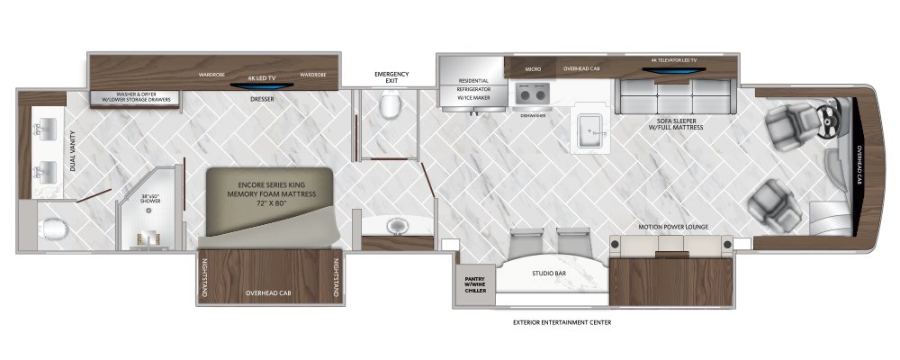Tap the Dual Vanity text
(x=73, y=152)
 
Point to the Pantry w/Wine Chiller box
(x=474, y=284)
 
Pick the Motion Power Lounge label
(x=671, y=227)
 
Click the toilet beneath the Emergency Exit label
(x=391, y=108)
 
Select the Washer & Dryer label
(x=135, y=97)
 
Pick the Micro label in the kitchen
(x=532, y=67)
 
